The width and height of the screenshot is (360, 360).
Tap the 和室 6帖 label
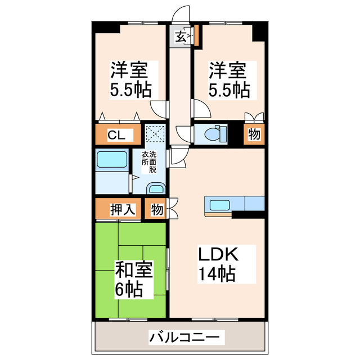[x=134, y=279]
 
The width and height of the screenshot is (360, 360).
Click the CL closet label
[x=116, y=135]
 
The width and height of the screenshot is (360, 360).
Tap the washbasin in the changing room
[x=155, y=190]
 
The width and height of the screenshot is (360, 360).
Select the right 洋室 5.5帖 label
[x=229, y=79]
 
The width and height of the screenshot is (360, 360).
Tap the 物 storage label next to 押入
[x=157, y=210]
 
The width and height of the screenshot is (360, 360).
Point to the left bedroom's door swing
[x=159, y=107]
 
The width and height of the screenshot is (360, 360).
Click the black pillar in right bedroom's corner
[x=259, y=31]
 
